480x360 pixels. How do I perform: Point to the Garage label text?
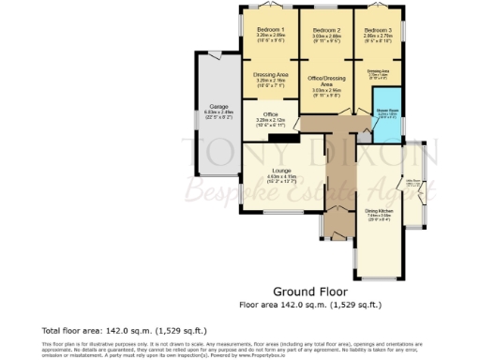[x=218, y=107]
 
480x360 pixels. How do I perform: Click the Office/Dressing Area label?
[x=325, y=82]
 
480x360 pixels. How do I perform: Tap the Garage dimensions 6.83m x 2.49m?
[x=218, y=112]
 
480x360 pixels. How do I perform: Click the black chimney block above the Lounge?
[x=277, y=138]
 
